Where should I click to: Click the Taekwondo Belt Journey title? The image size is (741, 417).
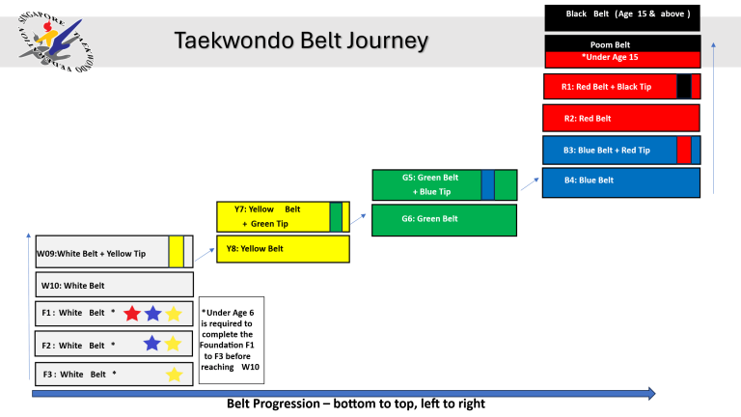pyautogui.click(x=300, y=41)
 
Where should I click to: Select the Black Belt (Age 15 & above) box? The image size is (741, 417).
pyautogui.click(x=621, y=16)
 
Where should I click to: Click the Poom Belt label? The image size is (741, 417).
pyautogui.click(x=610, y=44)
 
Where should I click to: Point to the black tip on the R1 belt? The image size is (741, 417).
pyautogui.click(x=683, y=86)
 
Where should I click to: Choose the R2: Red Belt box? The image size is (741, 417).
pyautogui.click(x=621, y=118)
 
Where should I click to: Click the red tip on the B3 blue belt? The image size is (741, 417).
pyautogui.click(x=683, y=150)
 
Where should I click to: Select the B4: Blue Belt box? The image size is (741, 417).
pyautogui.click(x=621, y=181)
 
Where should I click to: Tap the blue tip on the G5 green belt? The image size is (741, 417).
pyautogui.click(x=487, y=183)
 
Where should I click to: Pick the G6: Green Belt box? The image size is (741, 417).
pyautogui.click(x=444, y=219)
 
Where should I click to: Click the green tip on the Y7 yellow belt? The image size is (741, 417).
pyautogui.click(x=336, y=217)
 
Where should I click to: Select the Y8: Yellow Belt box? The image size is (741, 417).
pyautogui.click(x=282, y=248)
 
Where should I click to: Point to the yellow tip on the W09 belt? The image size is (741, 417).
pyautogui.click(x=176, y=252)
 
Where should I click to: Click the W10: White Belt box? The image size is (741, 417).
pyautogui.click(x=114, y=285)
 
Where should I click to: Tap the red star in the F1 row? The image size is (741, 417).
pyautogui.click(x=132, y=314)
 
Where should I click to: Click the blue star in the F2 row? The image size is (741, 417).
pyautogui.click(x=151, y=344)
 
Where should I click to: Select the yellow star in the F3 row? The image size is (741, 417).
pyautogui.click(x=174, y=375)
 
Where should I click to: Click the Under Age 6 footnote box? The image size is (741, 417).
pyautogui.click(x=231, y=340)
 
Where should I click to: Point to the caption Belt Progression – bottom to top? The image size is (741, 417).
pyautogui.click(x=355, y=403)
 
